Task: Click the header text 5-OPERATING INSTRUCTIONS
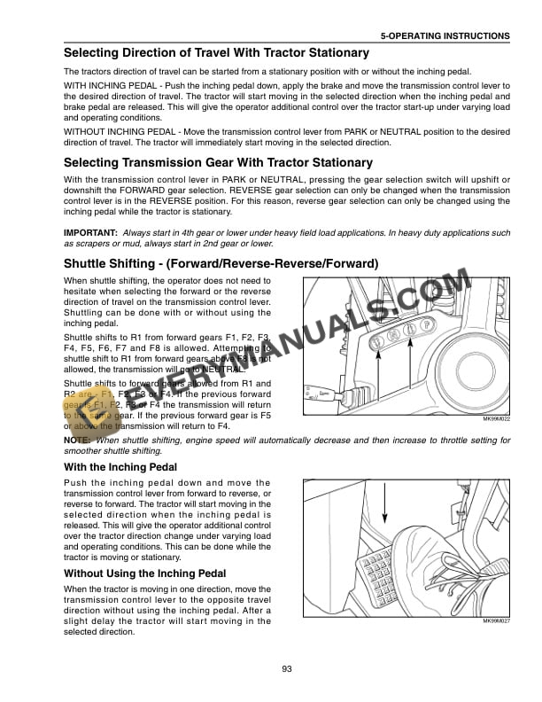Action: [445, 36]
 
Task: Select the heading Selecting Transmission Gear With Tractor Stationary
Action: [218, 163]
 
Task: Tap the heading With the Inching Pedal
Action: [120, 467]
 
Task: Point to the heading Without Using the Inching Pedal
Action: [144, 573]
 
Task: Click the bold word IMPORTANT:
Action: [90, 232]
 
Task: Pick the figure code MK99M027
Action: [492, 622]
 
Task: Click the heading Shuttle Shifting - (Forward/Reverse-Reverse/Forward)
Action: [221, 263]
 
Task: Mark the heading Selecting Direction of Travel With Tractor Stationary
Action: [209, 53]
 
